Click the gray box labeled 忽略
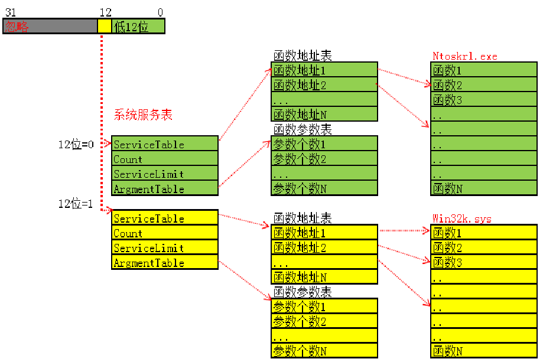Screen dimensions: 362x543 [50, 27]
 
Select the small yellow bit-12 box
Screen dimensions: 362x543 [104, 27]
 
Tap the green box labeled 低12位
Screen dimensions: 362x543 [138, 27]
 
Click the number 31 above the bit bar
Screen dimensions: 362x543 [10, 12]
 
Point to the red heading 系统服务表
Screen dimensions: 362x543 [143, 115]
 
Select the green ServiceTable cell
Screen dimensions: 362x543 [165, 144]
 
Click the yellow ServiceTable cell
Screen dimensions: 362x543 [165, 218]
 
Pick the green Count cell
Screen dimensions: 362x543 [165, 159]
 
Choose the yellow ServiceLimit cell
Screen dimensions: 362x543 [165, 247]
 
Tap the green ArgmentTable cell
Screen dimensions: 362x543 [165, 188]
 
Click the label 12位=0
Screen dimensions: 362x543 [76, 144]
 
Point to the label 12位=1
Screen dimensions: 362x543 [76, 204]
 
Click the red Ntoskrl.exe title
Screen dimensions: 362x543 [465, 56]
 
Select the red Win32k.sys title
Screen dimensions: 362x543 [462, 218]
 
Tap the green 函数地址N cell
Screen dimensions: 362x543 [324, 114]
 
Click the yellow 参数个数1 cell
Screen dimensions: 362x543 [324, 306]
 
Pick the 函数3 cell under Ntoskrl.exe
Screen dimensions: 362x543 [484, 100]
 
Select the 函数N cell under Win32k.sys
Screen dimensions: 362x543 [484, 351]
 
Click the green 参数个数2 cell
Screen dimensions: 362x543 [324, 158]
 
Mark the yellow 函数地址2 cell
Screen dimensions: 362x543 [324, 247]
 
